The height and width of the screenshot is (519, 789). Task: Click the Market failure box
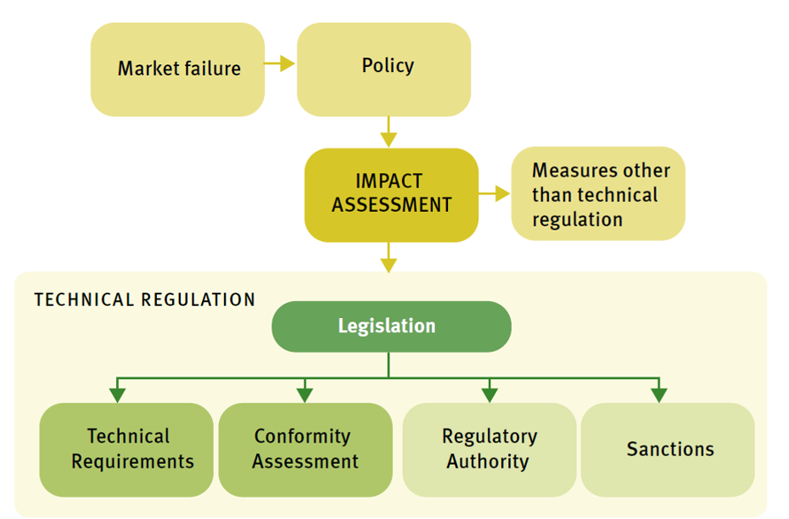tap(177, 69)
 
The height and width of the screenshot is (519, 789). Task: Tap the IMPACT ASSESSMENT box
tap(391, 194)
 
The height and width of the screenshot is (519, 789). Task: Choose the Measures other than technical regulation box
tap(598, 194)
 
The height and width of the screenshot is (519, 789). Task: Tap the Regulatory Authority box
tap(489, 449)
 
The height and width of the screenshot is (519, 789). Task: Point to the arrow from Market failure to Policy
tap(280, 64)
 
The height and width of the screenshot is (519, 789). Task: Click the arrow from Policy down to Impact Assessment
tap(388, 131)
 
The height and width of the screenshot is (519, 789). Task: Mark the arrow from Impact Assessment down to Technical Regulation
tap(389, 258)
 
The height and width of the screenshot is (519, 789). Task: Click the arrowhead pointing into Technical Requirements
tap(118, 394)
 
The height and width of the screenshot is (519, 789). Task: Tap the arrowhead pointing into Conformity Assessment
tap(305, 394)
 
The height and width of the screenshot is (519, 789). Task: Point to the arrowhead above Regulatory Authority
tap(490, 394)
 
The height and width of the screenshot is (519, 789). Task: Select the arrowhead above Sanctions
tap(658, 394)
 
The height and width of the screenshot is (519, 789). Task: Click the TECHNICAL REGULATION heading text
tap(144, 300)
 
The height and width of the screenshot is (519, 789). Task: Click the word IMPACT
tap(389, 181)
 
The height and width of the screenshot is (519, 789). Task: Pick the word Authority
tap(488, 462)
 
